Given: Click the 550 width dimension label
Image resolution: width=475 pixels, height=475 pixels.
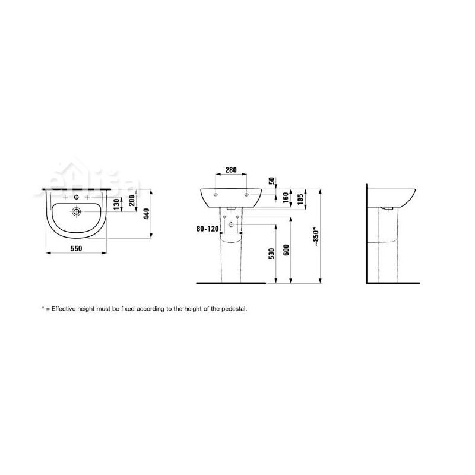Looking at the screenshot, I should click(x=75, y=248).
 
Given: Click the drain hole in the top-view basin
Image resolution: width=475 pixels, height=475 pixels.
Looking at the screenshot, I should click(x=76, y=211).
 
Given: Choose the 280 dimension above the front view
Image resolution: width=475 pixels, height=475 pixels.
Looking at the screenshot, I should click(x=232, y=170).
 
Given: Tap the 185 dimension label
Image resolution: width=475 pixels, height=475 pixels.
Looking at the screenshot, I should click(x=300, y=198).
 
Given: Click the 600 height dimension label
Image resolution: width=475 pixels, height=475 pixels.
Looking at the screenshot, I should click(x=286, y=251).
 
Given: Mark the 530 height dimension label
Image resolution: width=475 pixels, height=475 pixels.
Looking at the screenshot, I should click(x=271, y=254).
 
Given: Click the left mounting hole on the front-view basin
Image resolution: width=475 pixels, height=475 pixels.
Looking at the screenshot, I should click(x=216, y=194).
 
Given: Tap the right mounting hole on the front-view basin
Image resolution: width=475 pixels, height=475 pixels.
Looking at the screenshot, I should click(x=246, y=194).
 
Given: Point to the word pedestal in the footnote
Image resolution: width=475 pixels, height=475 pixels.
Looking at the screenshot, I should click(x=231, y=309).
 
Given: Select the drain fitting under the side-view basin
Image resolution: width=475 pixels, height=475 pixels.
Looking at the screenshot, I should click(x=387, y=208).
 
